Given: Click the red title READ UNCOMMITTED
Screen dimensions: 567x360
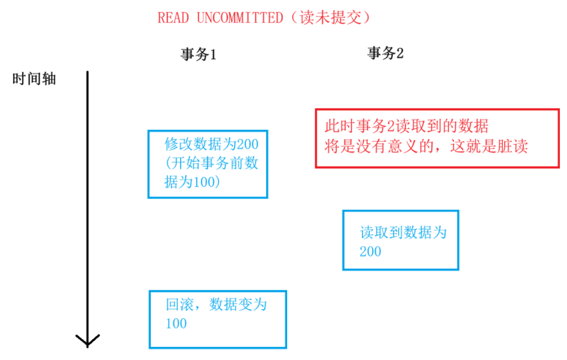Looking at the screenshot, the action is tap(220, 18).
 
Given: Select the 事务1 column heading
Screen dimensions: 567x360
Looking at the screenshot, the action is tap(199, 55).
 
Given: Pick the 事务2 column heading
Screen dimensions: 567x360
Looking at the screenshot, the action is tap(385, 54).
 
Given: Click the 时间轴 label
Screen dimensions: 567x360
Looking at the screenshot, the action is tap(34, 80).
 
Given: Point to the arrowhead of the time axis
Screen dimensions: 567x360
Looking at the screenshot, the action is tap(87, 341).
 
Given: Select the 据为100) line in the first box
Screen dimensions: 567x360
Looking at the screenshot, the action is tap(193, 182).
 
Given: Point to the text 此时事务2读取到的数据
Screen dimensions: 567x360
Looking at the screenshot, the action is tap(407, 127).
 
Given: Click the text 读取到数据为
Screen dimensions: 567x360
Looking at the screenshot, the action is tap(403, 232).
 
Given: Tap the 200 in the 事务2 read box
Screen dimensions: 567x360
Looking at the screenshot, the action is tap(370, 251).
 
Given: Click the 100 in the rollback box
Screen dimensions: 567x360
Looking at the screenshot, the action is tap(176, 324).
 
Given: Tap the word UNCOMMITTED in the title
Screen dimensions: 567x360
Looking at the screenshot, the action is tap(239, 18).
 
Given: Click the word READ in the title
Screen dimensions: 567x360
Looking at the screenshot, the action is tap(173, 18).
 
